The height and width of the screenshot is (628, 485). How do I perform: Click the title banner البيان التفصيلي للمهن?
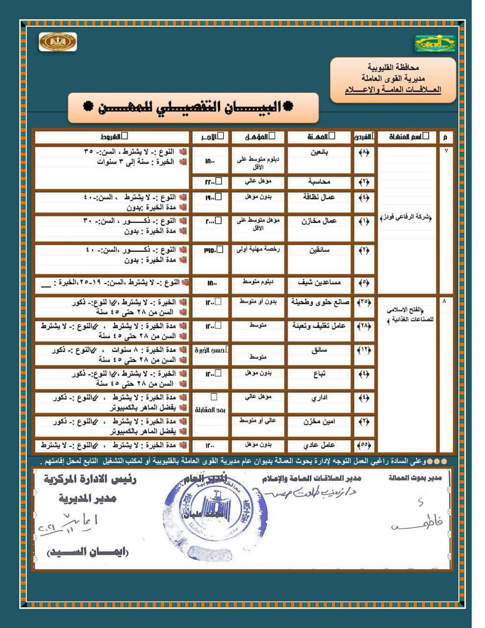pos(193,107)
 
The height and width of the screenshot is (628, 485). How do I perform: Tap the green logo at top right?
pos(434,43)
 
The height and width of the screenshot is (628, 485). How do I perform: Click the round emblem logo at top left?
pos(57,42)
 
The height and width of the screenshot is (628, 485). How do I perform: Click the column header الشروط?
pos(112,136)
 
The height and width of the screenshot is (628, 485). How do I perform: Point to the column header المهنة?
pos(319,136)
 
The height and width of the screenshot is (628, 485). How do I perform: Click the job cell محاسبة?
pos(319,182)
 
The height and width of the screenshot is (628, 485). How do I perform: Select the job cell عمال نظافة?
pos(319,197)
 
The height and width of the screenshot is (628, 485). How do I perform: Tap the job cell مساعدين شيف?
pos(319,283)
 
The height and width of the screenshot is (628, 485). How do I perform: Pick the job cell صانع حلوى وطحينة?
pos(319,302)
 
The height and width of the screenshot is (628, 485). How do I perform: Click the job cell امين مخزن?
pos(319,421)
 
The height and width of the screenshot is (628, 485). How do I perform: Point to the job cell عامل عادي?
pos(319,445)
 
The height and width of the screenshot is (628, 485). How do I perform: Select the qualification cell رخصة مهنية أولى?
pos(258,249)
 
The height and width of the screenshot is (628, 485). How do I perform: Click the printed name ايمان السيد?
pos(88,552)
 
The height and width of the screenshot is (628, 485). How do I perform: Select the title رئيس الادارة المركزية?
pos(89,479)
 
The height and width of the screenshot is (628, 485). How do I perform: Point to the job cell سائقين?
pos(319,250)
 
